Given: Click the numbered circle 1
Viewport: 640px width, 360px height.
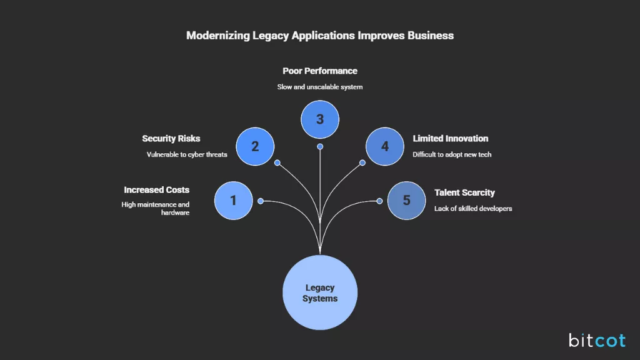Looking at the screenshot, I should tap(233, 201).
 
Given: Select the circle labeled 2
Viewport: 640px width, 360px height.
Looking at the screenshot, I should tap(255, 146).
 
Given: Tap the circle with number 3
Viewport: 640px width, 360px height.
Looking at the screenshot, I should tap(320, 119).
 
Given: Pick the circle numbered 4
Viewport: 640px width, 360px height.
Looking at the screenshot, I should tap(384, 146).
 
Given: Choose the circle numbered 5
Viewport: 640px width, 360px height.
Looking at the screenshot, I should tap(406, 201).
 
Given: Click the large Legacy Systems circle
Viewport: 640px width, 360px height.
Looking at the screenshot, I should tap(320, 292).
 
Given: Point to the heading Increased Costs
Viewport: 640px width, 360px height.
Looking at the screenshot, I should tap(156, 190).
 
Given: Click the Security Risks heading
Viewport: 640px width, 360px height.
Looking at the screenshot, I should tap(171, 139).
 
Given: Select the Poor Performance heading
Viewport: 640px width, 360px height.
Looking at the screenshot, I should tap(320, 71).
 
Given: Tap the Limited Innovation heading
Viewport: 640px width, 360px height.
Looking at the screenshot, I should tap(450, 139).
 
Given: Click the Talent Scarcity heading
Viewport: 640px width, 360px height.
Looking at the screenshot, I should tap(464, 192).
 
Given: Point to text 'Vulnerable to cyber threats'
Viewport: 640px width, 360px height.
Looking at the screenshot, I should tap(187, 154).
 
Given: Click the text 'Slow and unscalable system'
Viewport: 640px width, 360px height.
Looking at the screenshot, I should tap(320, 87).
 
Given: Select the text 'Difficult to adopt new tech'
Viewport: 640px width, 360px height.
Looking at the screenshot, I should tap(452, 154).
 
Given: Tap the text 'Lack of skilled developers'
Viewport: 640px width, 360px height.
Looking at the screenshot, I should tap(473, 208).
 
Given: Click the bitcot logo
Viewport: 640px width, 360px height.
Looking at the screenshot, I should tap(597, 340).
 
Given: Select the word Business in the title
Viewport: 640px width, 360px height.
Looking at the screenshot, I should tap(431, 36).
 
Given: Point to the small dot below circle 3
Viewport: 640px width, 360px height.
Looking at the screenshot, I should tap(320, 147).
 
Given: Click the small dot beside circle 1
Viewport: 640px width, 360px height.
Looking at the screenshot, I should tap(261, 201).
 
